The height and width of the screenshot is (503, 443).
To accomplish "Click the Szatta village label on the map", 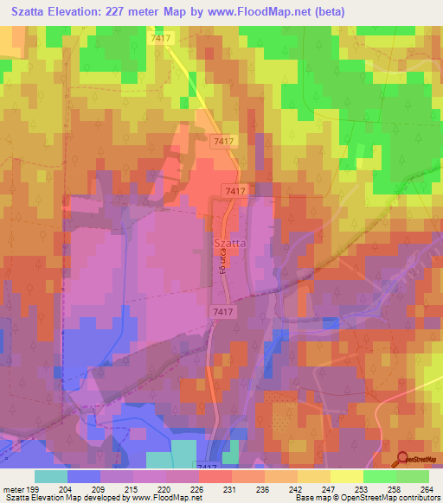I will [x=229, y=244].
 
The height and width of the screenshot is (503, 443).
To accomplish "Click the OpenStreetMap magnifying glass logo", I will [x=403, y=459].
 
